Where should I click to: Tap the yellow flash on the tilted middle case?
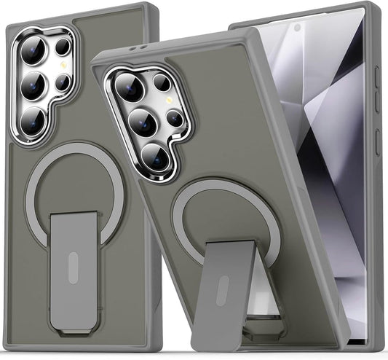pos(169,98)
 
